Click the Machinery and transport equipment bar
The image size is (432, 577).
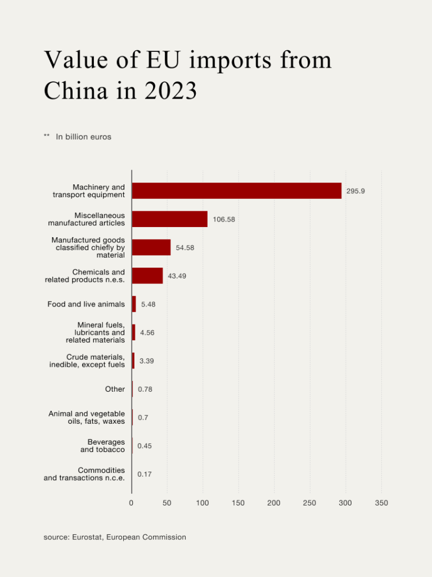(236, 191)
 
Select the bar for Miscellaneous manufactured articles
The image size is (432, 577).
(169, 219)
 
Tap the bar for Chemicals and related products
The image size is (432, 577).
(147, 276)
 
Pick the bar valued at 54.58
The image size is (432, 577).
(151, 247)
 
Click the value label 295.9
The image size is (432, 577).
(355, 192)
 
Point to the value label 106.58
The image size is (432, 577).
(224, 220)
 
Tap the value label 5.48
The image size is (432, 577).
(148, 304)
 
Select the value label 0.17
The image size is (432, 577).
(145, 474)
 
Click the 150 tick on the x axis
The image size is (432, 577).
(238, 503)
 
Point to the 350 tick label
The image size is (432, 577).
(381, 503)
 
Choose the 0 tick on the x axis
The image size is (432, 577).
(132, 503)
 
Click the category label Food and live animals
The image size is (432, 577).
(86, 304)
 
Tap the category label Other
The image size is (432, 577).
(115, 389)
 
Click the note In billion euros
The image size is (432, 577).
(83, 137)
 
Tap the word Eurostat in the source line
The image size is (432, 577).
(86, 538)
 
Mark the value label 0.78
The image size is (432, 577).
(145, 389)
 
